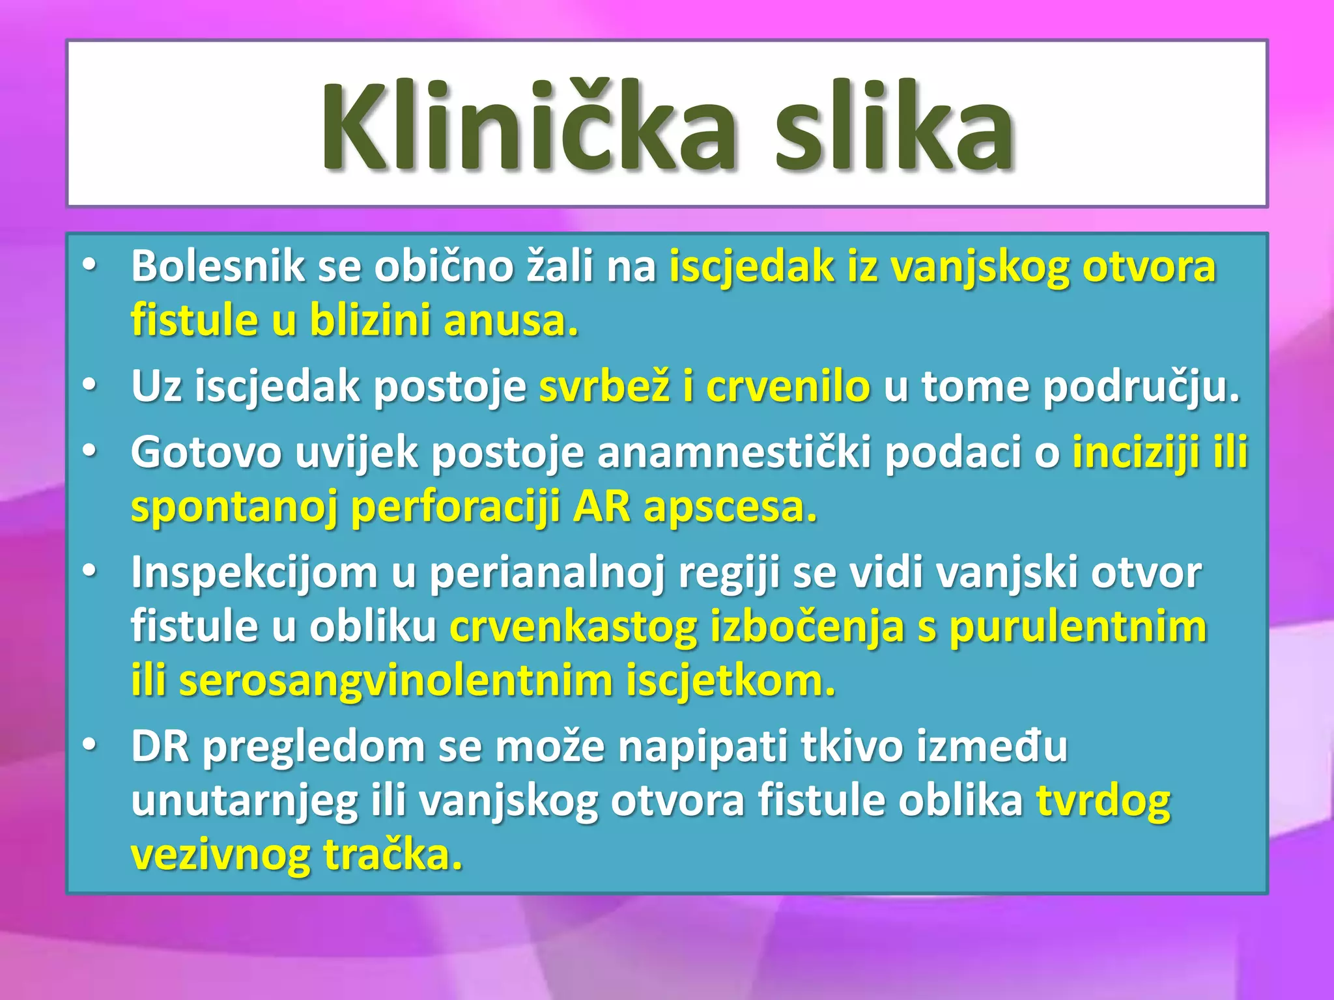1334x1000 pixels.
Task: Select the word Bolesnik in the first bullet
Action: coord(218,266)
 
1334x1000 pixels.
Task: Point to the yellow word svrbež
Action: coord(604,386)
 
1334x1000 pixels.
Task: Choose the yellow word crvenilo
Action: coord(788,386)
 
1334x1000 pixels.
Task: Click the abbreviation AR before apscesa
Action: coord(601,507)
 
